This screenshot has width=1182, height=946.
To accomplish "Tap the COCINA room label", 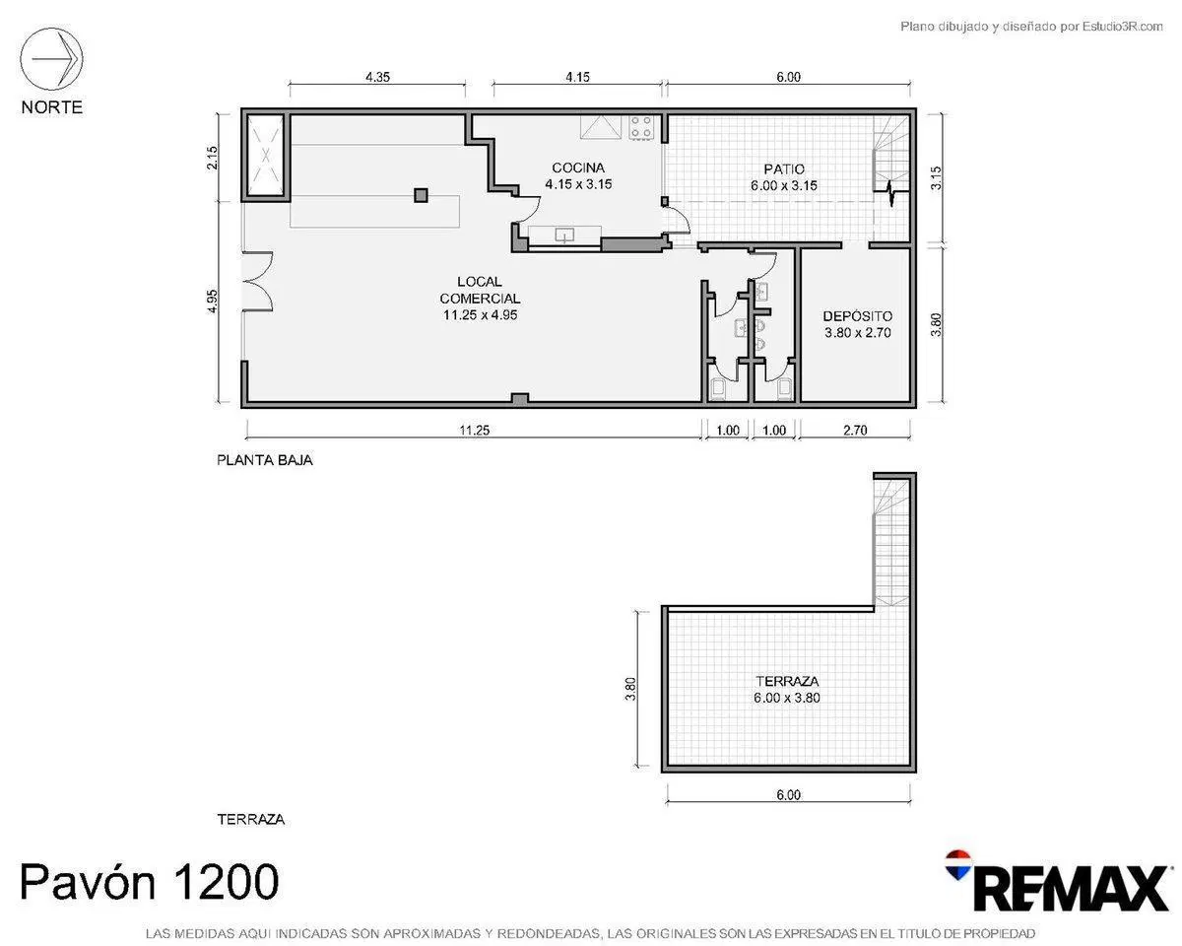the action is [x=578, y=168].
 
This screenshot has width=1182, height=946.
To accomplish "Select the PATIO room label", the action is [x=784, y=169].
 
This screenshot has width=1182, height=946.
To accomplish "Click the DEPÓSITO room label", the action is [x=857, y=316].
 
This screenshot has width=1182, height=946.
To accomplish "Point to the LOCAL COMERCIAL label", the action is [x=480, y=290].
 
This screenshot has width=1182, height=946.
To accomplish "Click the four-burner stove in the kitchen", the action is [x=641, y=127].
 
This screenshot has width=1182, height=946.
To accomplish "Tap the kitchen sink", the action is [x=564, y=236].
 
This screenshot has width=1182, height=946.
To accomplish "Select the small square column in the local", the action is [x=421, y=195].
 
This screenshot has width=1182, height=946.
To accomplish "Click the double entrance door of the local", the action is [x=258, y=282].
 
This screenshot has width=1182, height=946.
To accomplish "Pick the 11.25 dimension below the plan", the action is [x=474, y=430].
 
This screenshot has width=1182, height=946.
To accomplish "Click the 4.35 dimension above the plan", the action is [x=377, y=77].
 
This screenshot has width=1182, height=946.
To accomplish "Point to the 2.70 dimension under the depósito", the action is [x=855, y=430].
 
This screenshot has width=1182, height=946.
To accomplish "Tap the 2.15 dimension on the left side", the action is [x=212, y=158].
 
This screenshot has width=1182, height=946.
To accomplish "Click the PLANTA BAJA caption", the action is [x=265, y=460].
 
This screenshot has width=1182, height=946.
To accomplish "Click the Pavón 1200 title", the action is [x=150, y=882].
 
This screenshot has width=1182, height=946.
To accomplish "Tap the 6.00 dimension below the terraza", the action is [x=788, y=795].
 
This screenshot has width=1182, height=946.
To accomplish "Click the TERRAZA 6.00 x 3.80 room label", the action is [x=787, y=690].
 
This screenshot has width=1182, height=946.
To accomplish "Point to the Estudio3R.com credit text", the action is [x=1031, y=26].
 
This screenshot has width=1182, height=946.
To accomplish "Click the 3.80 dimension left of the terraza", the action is [x=630, y=688].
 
